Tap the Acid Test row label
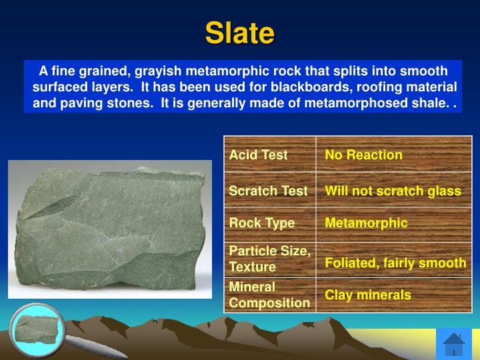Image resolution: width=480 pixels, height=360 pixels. pos(258,155)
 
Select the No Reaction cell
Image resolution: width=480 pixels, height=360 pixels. pos(363,155)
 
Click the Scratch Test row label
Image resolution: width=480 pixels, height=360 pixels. pos(268,191)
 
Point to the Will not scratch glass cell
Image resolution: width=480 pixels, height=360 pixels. pos(393,191)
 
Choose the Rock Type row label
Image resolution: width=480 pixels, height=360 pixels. pos(261,223)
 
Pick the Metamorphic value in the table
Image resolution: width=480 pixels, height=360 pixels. pos(366,223)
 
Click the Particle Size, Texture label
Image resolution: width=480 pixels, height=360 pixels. pos(269,259)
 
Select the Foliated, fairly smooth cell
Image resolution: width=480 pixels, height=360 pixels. pos(395,263)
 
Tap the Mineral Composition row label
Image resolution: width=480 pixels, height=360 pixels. pos(269,295)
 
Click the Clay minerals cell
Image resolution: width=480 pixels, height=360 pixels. pos(367,295)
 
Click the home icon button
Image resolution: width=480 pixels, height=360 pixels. pos(453,343)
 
